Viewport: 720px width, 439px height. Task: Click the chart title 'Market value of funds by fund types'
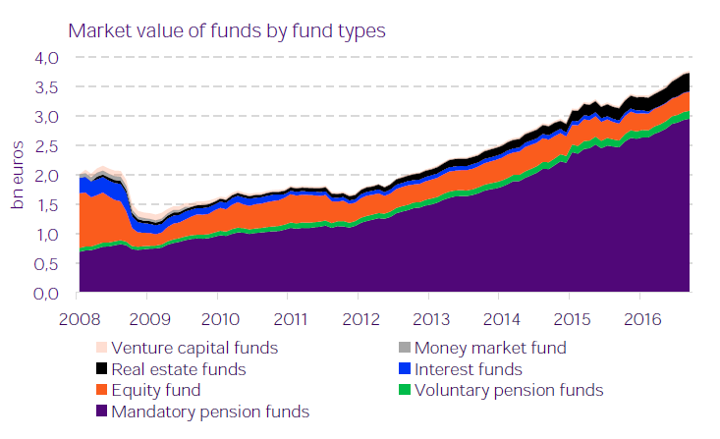[x=226, y=29]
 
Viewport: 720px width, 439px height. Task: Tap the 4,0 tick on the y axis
[x=46, y=58]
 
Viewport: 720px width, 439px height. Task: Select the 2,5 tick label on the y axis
[x=46, y=146]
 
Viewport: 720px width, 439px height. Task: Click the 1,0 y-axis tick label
[x=46, y=235]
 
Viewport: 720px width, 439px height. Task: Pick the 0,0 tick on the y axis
[x=46, y=294]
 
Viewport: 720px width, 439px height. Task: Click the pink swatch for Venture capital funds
[x=100, y=348]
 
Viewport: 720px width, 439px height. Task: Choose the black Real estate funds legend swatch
[x=100, y=369]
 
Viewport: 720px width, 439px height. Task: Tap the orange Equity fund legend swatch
[x=100, y=391]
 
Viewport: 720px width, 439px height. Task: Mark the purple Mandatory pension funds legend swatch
[x=100, y=412]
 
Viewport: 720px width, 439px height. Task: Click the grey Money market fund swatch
[x=404, y=348]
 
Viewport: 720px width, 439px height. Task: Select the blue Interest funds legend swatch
[x=404, y=369]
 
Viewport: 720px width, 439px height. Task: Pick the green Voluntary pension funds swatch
[x=404, y=391]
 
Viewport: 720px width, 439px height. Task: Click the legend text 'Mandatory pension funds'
[x=211, y=412]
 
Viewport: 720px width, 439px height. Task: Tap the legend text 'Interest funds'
[x=469, y=369]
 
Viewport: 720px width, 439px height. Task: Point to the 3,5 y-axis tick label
[x=46, y=87]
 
